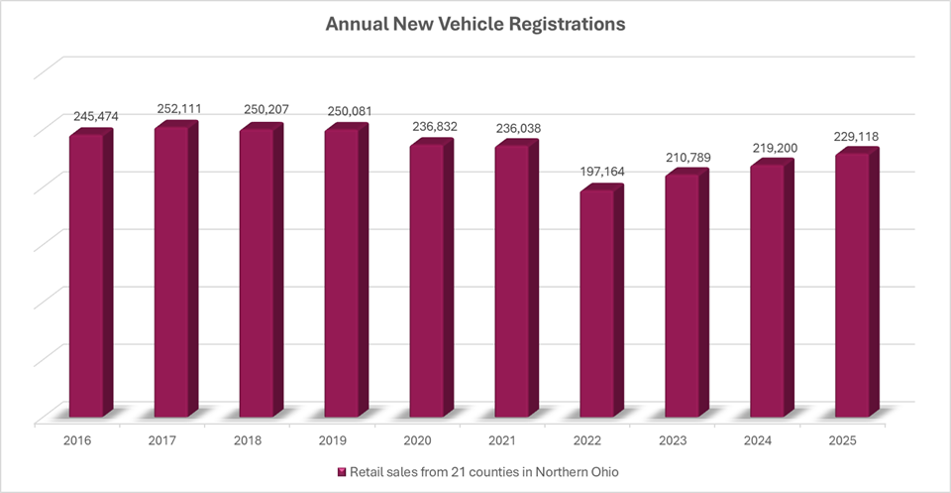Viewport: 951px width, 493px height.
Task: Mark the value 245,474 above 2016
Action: tap(95, 116)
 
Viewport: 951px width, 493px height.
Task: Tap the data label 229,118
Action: tap(857, 136)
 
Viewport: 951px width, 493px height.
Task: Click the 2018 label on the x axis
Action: tap(247, 437)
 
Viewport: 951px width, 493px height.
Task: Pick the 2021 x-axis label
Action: tap(502, 437)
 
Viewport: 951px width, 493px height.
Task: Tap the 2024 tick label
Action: tap(758, 437)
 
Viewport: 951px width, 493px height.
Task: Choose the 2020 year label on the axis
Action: tap(417, 437)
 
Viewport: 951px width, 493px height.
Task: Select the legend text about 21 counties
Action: tap(479, 471)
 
